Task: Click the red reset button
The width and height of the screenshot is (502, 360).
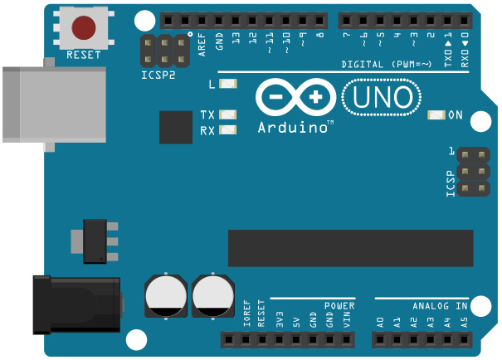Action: point(84,27)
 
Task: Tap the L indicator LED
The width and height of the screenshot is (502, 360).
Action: point(228,84)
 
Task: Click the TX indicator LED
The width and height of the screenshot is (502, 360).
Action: point(227,115)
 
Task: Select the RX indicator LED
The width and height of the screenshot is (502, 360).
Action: point(227,130)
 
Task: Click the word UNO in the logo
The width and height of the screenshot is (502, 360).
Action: point(382,97)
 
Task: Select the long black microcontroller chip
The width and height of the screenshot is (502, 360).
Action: point(350,248)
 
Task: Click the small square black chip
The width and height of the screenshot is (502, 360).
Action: point(176,127)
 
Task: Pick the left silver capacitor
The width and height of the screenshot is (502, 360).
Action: point(166,295)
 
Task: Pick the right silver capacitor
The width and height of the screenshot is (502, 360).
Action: point(213,296)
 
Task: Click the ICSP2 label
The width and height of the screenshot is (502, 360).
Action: point(158,75)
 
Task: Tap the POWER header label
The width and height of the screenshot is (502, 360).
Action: point(339,305)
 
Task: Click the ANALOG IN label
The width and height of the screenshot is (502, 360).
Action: point(440,305)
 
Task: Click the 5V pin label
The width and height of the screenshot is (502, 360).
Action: point(296,319)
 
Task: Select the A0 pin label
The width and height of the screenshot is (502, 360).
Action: point(380,319)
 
